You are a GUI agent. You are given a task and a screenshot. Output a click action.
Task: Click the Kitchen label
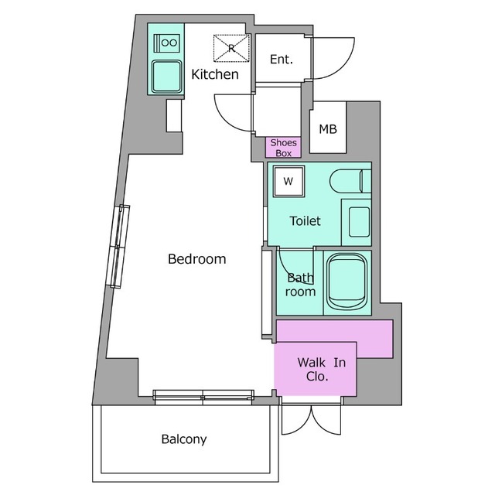215,74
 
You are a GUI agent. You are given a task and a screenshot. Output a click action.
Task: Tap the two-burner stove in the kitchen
167,43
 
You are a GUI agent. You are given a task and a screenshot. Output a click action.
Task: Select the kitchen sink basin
166,76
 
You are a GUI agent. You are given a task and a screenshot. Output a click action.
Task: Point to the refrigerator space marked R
232,48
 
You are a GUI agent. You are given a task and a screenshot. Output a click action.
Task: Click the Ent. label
282,60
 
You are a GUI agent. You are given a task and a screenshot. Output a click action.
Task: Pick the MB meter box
328,127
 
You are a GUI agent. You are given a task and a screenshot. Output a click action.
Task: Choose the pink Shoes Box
283,148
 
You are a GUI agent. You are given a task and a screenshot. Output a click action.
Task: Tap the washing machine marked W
288,181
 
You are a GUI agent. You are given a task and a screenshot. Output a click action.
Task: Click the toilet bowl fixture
350,181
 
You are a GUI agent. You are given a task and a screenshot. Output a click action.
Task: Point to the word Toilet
305,221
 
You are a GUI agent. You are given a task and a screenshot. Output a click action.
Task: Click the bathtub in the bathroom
346,282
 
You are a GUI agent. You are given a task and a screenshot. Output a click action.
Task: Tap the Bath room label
300,285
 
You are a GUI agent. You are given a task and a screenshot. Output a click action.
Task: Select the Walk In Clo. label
321,369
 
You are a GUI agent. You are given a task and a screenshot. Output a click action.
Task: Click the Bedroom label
196,259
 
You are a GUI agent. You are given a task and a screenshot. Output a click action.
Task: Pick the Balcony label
184,439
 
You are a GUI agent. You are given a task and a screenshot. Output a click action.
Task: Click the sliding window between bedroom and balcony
203,397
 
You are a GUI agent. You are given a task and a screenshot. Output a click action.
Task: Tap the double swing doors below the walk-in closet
311,419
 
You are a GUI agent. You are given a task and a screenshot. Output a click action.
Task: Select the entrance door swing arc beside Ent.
333,59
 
